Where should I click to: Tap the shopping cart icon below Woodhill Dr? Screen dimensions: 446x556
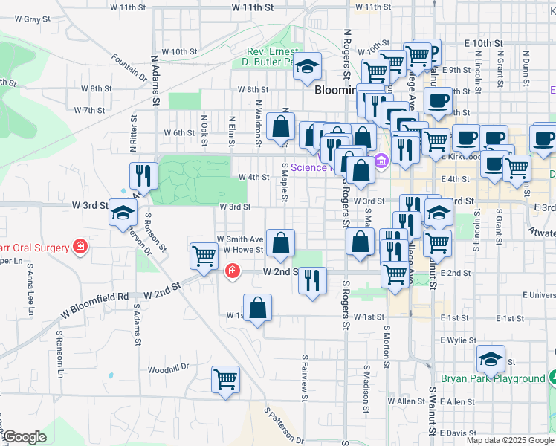coord(225,379)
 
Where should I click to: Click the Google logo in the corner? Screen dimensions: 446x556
coord(25,437)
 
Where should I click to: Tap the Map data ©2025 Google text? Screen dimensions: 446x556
coord(510,440)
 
